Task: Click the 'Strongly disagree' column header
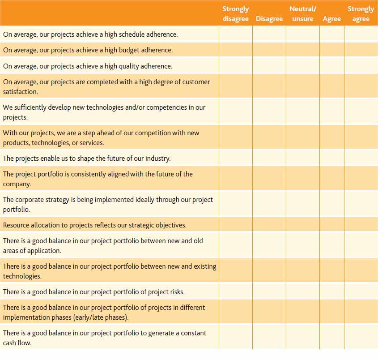click(236, 14)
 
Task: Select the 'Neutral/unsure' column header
click(303, 14)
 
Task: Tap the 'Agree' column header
click(332, 19)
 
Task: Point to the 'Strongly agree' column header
click(361, 14)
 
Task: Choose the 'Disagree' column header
click(269, 19)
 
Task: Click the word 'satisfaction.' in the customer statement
click(21, 92)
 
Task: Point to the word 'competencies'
click(166, 107)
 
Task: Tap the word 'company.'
click(17, 184)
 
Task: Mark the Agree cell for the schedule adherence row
click(332, 34)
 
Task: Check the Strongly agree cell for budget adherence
click(361, 50)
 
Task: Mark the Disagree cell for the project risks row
click(269, 291)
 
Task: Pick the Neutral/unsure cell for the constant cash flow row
click(303, 337)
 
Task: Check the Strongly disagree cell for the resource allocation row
click(236, 225)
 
